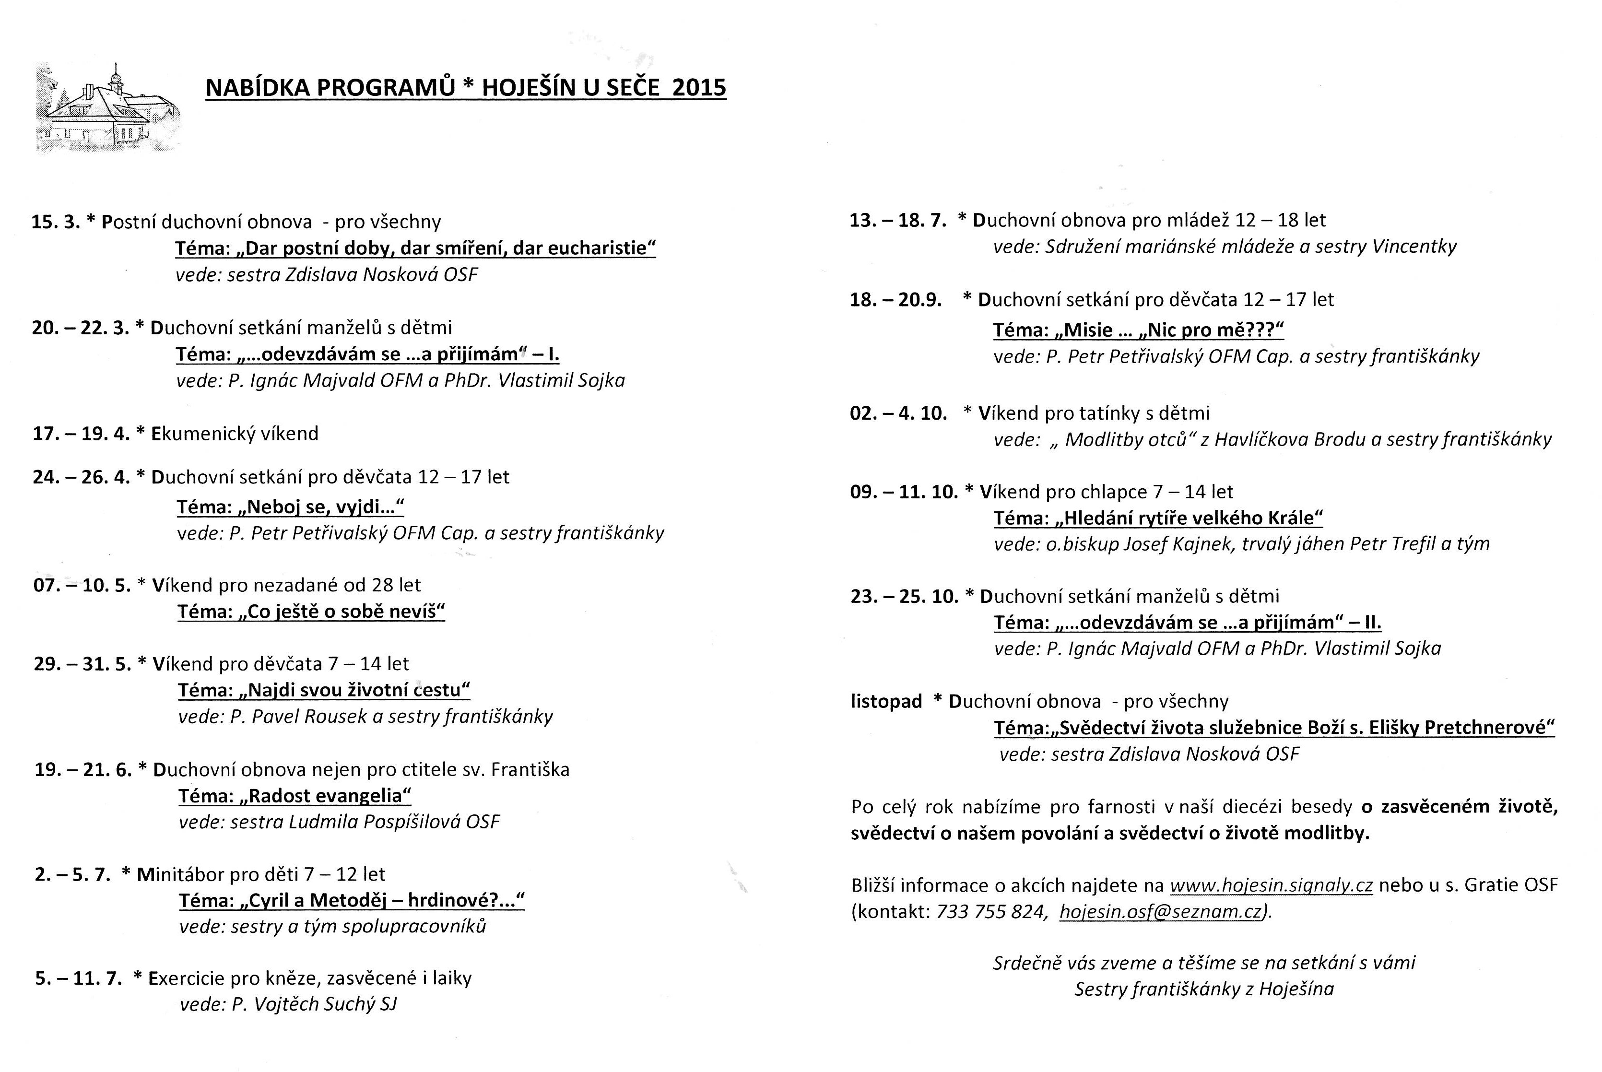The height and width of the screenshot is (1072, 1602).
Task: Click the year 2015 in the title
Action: point(699,87)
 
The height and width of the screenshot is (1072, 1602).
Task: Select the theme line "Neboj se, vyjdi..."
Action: point(291,507)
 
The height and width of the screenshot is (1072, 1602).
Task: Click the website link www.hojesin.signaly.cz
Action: point(1271,885)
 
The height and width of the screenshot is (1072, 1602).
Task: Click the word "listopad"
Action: point(886,701)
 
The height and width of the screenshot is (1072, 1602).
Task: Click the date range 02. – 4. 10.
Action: point(898,413)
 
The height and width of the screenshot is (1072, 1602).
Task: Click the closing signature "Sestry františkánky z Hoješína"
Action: point(1203,989)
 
